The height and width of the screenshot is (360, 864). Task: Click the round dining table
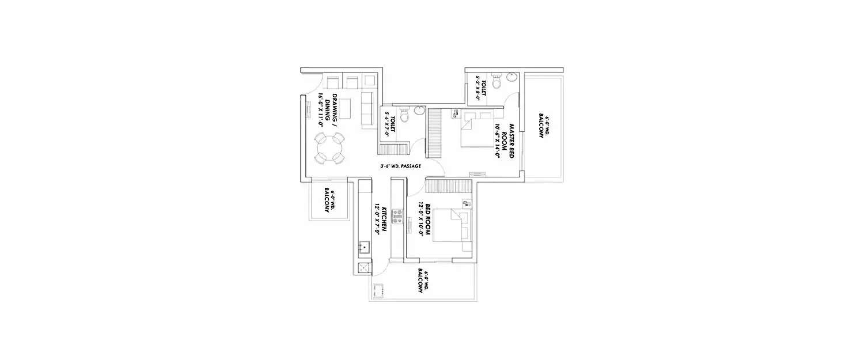327,149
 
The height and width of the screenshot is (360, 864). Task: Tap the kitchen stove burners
396,216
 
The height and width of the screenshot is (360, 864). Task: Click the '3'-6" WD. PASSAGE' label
400,166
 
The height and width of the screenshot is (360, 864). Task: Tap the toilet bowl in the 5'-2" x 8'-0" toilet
497,82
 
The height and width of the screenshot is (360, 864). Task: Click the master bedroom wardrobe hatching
434,133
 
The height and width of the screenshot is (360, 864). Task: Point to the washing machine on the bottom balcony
378,291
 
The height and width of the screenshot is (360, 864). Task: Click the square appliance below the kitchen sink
363,267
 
